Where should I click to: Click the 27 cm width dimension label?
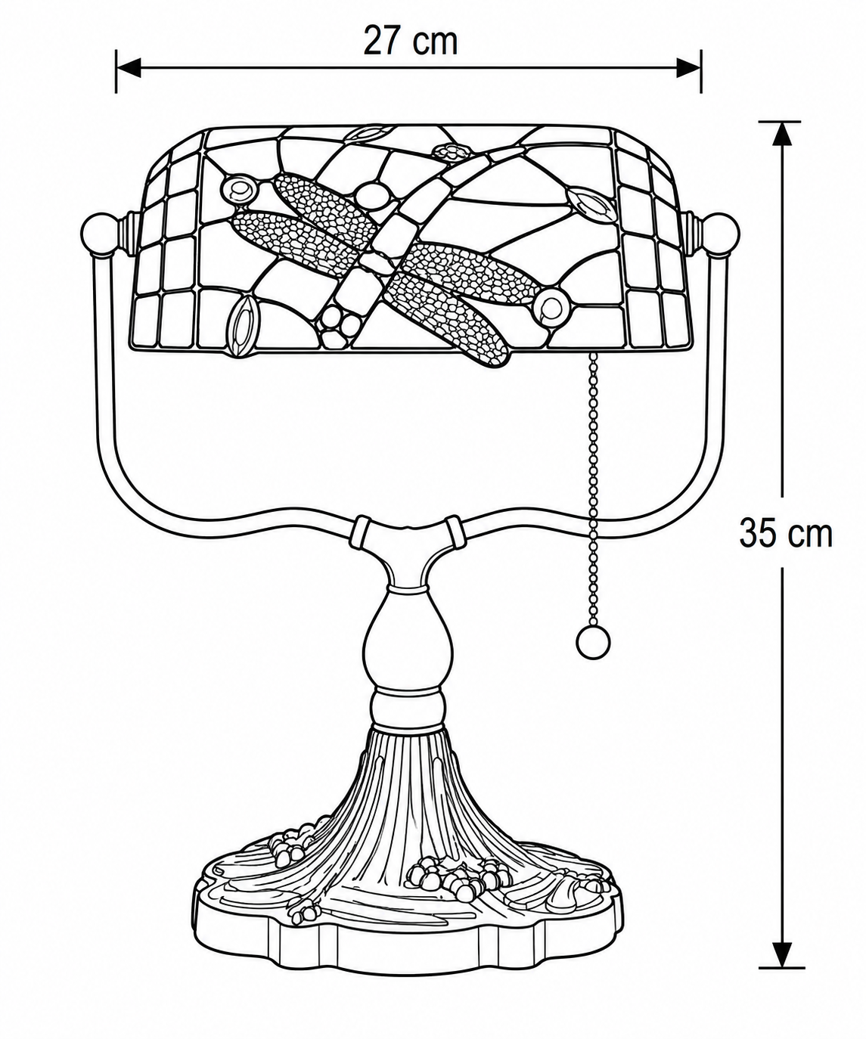click(x=410, y=42)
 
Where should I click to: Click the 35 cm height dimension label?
click(x=785, y=533)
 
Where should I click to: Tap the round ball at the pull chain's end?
click(x=592, y=644)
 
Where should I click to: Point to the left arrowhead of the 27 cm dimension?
click(x=129, y=67)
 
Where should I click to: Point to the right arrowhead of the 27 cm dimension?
click(x=689, y=67)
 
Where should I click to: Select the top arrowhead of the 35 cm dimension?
click(x=783, y=133)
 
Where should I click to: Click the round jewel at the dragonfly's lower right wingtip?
click(x=551, y=306)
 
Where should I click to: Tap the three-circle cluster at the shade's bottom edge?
click(x=338, y=325)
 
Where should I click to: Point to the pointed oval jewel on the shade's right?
click(x=591, y=207)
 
